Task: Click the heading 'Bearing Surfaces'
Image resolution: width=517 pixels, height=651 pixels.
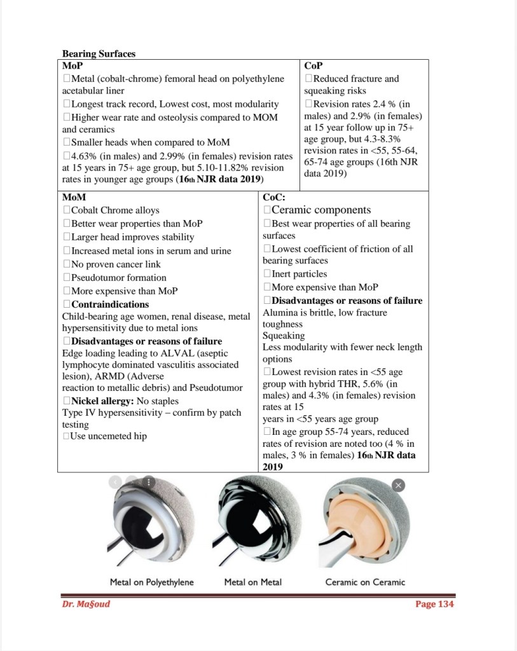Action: coord(99,54)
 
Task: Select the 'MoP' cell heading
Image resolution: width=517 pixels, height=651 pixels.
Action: coord(72,65)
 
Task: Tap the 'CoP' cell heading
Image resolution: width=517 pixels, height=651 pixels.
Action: coord(313,65)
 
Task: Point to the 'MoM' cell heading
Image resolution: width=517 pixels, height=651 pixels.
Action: coord(74,197)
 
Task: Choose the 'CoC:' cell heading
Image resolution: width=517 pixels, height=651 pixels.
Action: coord(274,197)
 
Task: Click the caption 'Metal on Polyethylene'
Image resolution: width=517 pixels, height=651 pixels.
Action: coord(151,582)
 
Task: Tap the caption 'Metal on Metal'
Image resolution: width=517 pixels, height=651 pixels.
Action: coord(252,582)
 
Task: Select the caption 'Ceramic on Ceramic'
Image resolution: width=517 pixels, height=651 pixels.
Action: coord(365,582)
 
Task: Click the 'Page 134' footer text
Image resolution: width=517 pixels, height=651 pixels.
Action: coord(434,604)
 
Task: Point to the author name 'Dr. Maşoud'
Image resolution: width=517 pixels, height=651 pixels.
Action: coord(86,604)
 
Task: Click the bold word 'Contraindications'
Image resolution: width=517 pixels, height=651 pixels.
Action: coord(110,305)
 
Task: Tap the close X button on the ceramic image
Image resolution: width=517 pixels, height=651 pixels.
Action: coord(398,485)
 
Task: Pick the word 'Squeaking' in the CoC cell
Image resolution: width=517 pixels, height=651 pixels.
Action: coord(284,336)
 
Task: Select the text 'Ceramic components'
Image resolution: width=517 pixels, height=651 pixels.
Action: coord(321,210)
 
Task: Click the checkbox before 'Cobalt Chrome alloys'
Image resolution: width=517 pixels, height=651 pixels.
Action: coord(66,210)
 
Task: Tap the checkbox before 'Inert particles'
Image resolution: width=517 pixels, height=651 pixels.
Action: coord(267,274)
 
